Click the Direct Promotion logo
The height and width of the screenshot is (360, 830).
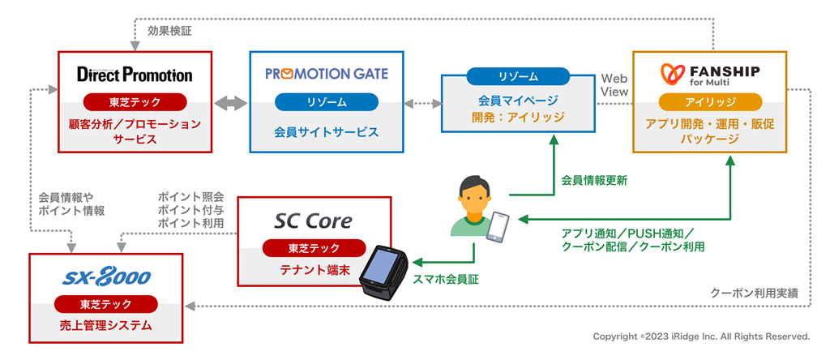coord(135,74)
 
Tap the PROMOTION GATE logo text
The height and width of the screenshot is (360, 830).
coord(327,74)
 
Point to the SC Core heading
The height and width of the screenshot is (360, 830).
coord(314,221)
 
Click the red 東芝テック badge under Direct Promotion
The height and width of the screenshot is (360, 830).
coord(135,101)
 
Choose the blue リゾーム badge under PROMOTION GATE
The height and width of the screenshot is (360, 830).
coord(327,101)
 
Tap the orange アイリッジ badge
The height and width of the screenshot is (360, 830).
coord(710,101)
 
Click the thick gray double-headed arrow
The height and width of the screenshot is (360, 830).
coord(230,103)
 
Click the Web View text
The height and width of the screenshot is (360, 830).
coord(614,85)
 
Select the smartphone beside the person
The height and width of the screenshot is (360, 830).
coord(498,227)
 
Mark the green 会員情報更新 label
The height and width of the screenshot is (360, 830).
coord(594,181)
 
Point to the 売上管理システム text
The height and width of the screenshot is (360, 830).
coord(106,325)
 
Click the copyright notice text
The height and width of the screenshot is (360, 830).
coord(701,336)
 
